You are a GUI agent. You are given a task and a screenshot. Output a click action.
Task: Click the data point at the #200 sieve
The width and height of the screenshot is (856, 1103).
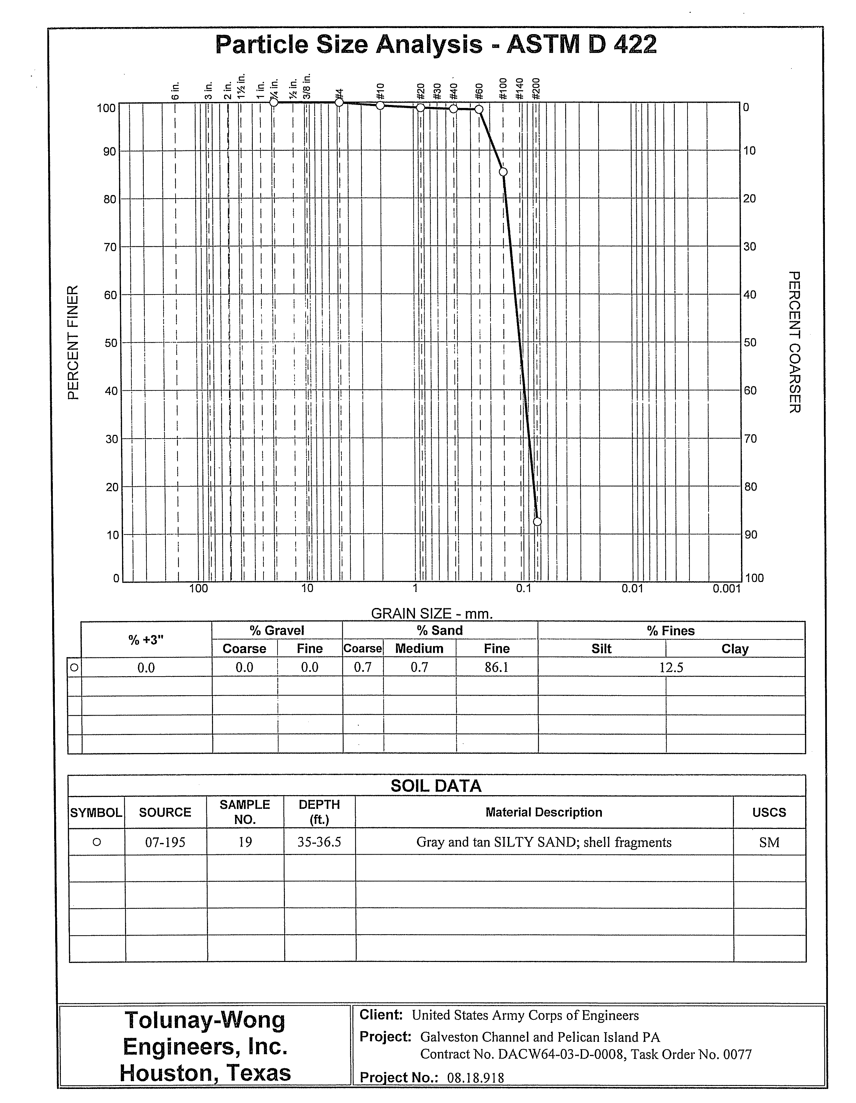537,521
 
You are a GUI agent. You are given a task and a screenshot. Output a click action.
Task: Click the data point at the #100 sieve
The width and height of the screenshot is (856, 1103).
503,172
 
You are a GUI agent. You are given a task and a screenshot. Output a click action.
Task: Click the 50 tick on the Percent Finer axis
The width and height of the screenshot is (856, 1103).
110,343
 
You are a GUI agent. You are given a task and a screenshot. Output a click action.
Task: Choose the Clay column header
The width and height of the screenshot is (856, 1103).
734,649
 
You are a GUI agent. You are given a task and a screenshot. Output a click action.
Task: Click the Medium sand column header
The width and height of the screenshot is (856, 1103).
419,648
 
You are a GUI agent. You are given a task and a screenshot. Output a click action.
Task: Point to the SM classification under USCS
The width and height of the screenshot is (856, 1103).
769,842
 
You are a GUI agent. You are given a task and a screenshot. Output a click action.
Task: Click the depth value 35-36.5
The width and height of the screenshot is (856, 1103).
319,842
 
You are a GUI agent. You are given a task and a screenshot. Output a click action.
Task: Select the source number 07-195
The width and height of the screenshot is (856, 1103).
165,842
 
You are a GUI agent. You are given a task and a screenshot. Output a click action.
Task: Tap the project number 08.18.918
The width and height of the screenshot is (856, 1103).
475,1077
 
